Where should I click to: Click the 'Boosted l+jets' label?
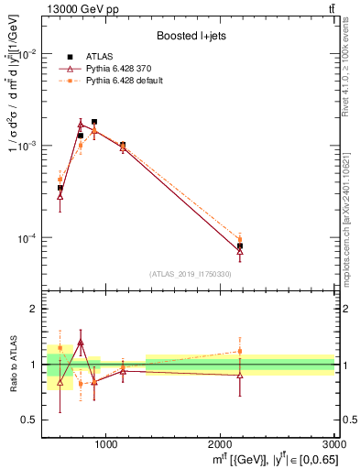point(191,36)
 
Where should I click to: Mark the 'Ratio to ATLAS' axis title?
point(11,364)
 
